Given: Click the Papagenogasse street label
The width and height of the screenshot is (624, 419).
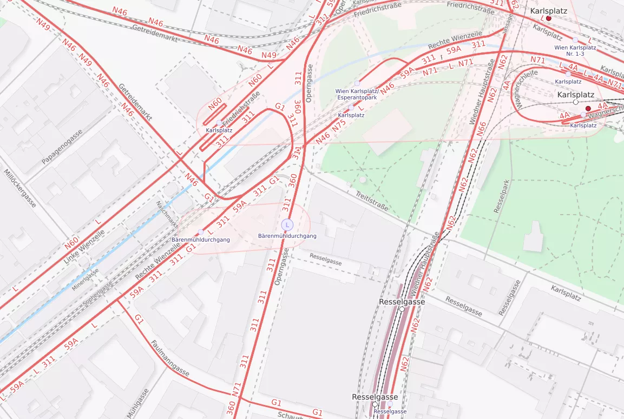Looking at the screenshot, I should click(x=62, y=147).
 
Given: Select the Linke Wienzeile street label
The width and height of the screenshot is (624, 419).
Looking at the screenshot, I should click(x=83, y=246).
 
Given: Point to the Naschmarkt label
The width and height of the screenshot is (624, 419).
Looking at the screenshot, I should click(x=167, y=214).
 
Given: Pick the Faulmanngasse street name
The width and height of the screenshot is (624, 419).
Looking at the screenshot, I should click(x=170, y=358).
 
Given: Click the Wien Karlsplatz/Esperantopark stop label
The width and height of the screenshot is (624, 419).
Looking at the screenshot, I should click(x=357, y=95).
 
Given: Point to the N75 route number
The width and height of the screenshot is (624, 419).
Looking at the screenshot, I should click(x=339, y=125).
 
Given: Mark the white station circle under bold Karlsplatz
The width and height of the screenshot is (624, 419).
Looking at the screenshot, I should click(x=575, y=102).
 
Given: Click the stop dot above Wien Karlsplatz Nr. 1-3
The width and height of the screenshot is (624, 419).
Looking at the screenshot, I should click(x=575, y=39).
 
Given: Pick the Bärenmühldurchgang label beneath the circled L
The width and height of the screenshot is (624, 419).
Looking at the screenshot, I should click(x=287, y=236).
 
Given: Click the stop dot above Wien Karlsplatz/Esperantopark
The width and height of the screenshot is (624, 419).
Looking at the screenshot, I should click(x=357, y=83).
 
